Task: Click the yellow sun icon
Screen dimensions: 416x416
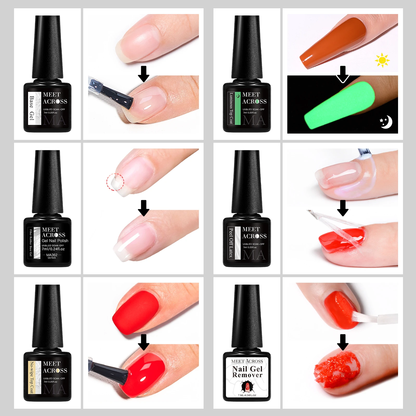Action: pyautogui.click(x=382, y=60)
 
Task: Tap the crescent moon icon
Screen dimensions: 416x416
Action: pyautogui.click(x=387, y=122)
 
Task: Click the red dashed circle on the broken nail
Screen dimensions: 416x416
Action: pyautogui.click(x=115, y=182)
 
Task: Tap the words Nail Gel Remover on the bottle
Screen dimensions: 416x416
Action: pyautogui.click(x=247, y=372)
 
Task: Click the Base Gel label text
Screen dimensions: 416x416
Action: pyautogui.click(x=31, y=108)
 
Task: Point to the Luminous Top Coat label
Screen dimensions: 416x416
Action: pyautogui.click(x=231, y=108)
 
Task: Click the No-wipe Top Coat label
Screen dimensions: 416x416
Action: pyautogui.click(x=31, y=377)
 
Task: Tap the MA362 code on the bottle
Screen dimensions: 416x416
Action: pyautogui.click(x=52, y=255)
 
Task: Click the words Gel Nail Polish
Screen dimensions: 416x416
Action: pyautogui.click(x=55, y=241)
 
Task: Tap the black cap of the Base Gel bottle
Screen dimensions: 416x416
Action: pyautogui.click(x=48, y=47)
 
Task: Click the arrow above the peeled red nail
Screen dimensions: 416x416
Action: pyautogui.click(x=343, y=208)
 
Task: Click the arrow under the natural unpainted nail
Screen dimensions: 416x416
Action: pyautogui.click(x=144, y=74)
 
